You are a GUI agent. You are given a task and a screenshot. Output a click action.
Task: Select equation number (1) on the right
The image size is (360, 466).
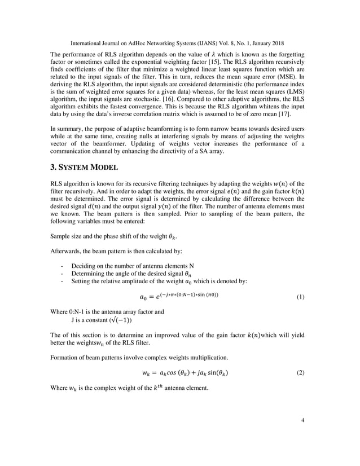pyautogui.click(x=301, y=296)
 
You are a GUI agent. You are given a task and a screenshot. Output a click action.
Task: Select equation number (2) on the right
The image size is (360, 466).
pyautogui.click(x=301, y=373)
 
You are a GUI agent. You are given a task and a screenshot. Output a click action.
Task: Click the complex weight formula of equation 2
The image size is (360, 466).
pyautogui.click(x=185, y=373)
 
